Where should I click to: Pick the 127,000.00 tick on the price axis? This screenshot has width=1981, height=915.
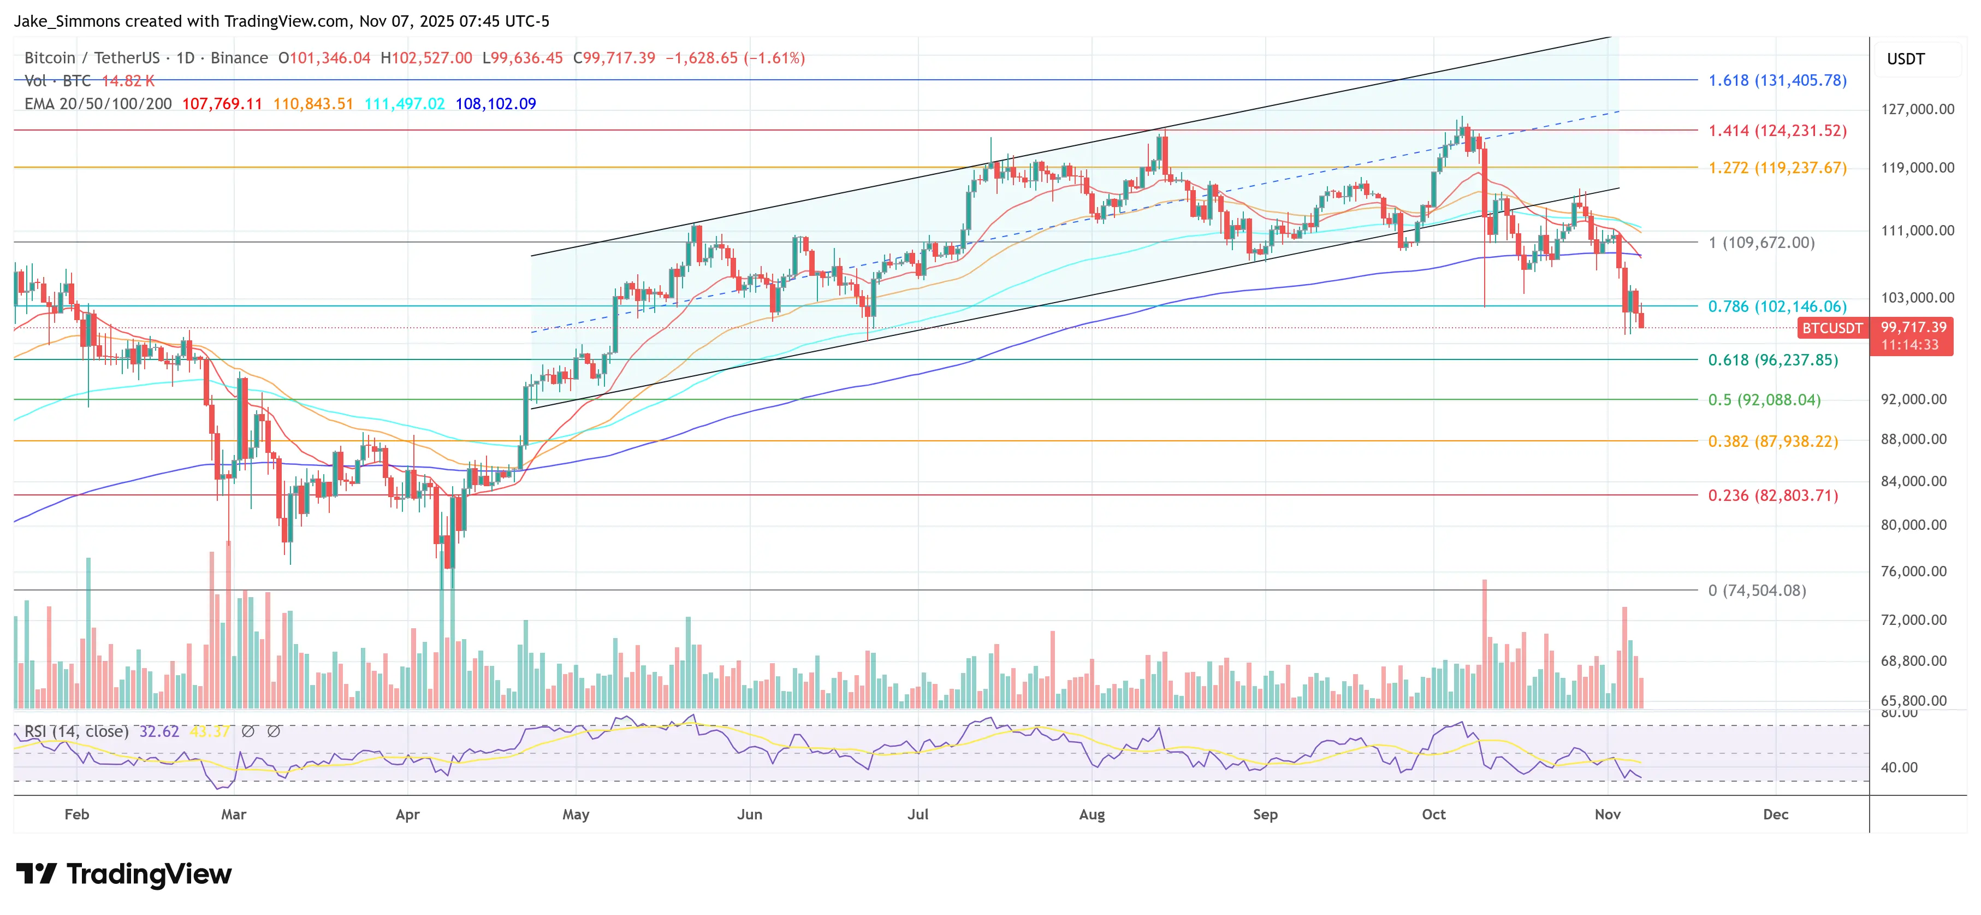click(1917, 109)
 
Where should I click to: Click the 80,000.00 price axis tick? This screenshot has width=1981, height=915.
click(1913, 525)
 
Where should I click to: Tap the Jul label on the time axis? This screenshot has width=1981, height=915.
click(917, 814)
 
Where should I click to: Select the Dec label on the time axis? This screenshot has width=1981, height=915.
click(1775, 814)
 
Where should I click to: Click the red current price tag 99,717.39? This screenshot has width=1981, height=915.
click(1913, 328)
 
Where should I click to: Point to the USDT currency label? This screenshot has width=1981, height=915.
click(1906, 59)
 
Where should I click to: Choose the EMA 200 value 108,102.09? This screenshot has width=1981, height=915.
click(495, 104)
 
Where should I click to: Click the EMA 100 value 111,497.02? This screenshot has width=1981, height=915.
click(405, 104)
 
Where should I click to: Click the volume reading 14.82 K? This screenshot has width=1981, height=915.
click(128, 81)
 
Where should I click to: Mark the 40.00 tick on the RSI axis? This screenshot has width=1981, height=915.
click(1899, 768)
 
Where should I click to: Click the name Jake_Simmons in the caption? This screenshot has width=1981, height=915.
click(66, 21)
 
